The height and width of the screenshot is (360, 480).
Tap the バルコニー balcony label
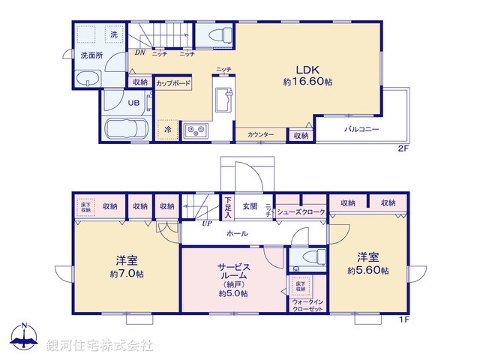coord(361,130)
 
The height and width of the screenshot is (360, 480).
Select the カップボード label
coord(173,83)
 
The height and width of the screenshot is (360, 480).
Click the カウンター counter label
coord(261,135)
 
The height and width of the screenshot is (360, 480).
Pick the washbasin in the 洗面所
coord(88,79)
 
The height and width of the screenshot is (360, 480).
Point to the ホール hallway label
coord(238,233)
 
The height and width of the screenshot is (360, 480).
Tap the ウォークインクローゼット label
coord(308,304)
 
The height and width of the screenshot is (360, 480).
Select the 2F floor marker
coord(403,148)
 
